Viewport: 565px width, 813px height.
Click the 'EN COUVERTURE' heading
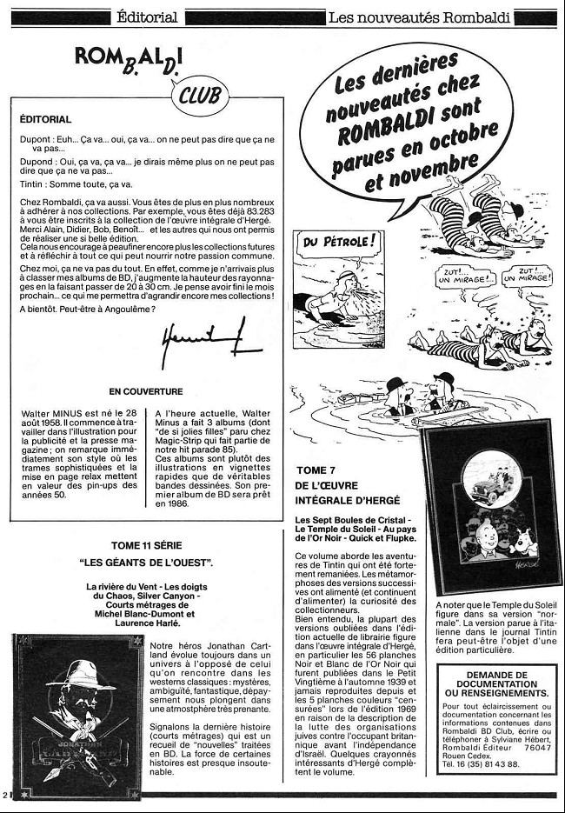pos(146,391)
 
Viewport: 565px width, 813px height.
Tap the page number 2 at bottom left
pos(7,795)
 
